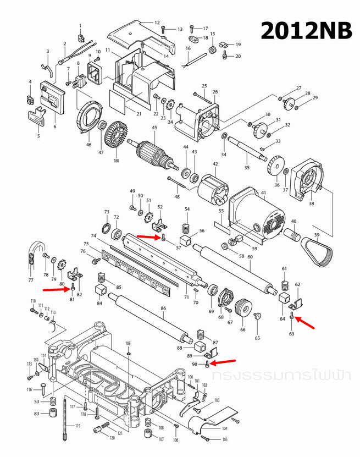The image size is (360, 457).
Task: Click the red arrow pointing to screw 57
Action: (x=148, y=236)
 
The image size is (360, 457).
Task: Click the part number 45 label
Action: (x=154, y=128)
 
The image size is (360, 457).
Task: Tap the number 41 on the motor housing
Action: (x=263, y=192)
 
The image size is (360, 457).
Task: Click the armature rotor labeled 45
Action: (x=154, y=152)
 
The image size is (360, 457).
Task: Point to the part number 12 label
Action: (x=157, y=23)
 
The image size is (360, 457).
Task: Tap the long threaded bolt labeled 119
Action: (x=65, y=419)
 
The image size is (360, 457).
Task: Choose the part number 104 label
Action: (x=224, y=428)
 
